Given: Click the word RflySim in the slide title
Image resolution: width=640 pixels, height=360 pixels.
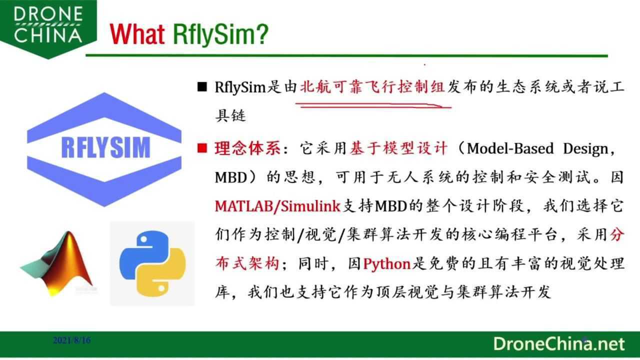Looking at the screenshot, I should pos(220,34).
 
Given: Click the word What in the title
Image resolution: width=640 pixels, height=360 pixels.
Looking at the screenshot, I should pos(137,34).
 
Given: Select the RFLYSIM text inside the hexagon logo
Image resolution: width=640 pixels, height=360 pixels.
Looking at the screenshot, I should pos(105,147).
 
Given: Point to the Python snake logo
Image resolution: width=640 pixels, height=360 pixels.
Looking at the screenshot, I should pos(152,263).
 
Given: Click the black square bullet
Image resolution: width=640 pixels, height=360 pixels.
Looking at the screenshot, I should pos(202,87).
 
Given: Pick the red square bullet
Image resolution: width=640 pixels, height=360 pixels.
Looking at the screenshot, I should pos(202,148).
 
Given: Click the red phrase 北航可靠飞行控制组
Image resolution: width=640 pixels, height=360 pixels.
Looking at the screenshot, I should pos(372,87).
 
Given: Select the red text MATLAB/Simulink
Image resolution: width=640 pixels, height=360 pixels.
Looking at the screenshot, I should pos(277,206).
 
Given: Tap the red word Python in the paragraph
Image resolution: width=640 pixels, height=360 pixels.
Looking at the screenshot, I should pos(386,264).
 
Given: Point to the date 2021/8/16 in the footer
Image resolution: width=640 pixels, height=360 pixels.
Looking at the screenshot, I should pos(72,340).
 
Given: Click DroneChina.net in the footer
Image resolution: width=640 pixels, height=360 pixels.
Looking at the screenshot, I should pos(558,344).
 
